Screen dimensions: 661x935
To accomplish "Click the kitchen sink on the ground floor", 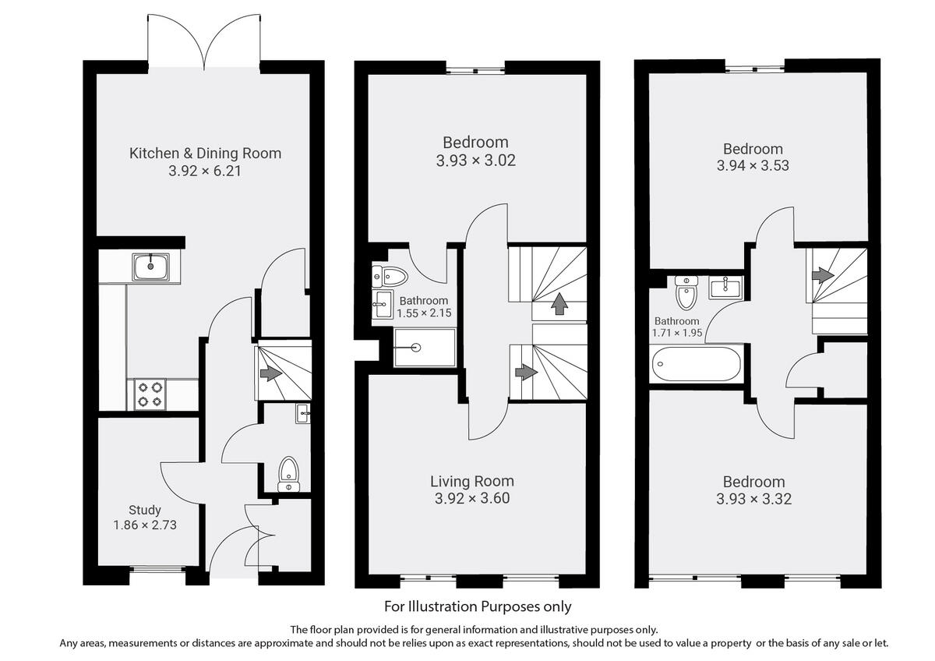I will pyautogui.click(x=150, y=267).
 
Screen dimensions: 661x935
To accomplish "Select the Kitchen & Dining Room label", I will pyautogui.click(x=205, y=153).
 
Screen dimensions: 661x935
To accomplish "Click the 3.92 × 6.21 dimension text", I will pyautogui.click(x=205, y=171).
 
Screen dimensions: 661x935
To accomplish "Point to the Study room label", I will pyautogui.click(x=145, y=510).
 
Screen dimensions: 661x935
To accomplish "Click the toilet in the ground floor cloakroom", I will pyautogui.click(x=288, y=473).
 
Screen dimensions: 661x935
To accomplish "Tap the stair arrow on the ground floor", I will pyautogui.click(x=270, y=373).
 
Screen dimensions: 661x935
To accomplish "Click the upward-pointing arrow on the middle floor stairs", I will pyautogui.click(x=558, y=303).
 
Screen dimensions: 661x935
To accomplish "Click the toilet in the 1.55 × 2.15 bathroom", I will pyautogui.click(x=390, y=275).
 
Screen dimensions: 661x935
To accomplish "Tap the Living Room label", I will pyautogui.click(x=472, y=481).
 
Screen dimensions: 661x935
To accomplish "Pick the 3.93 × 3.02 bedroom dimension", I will pyautogui.click(x=475, y=161).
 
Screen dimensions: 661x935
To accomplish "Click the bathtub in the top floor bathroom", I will pyautogui.click(x=696, y=364).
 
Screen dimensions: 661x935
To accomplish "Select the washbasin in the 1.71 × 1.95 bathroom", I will pyautogui.click(x=725, y=288).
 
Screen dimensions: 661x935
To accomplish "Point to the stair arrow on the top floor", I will pyautogui.click(x=821, y=275).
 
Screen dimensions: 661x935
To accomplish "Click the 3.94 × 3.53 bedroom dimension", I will pyautogui.click(x=753, y=166).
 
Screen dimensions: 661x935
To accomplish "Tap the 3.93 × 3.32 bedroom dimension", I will pyautogui.click(x=753, y=499).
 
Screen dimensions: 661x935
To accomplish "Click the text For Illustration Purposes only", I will pyautogui.click(x=478, y=606).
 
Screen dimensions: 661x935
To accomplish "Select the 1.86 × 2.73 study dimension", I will pyautogui.click(x=145, y=525).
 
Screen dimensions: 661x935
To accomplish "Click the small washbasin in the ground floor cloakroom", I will pyautogui.click(x=302, y=413).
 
